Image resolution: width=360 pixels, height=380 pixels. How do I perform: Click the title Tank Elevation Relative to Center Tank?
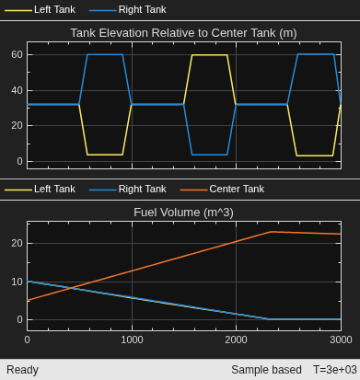pyautogui.click(x=183, y=33)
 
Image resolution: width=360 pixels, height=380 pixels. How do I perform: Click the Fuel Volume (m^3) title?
pyautogui.click(x=183, y=213)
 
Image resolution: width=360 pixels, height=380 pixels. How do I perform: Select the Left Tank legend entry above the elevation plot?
pyautogui.click(x=40, y=9)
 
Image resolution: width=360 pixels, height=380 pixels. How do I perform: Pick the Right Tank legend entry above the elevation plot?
pyautogui.click(x=127, y=9)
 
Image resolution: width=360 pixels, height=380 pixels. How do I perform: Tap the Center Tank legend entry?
pyautogui.click(x=222, y=189)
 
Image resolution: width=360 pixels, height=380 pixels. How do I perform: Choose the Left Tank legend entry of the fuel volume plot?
pyautogui.click(x=40, y=189)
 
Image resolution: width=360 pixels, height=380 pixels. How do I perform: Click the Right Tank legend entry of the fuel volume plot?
pyautogui.click(x=127, y=189)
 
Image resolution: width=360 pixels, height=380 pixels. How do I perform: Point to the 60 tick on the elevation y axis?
pyautogui.click(x=17, y=54)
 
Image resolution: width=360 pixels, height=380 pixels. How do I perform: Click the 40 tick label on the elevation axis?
pyautogui.click(x=17, y=90)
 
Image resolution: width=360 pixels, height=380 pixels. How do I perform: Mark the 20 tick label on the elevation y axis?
pyautogui.click(x=17, y=125)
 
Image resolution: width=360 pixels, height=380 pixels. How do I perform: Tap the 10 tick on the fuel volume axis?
pyautogui.click(x=17, y=282)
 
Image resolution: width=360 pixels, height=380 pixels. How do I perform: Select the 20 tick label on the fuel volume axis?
pyautogui.click(x=17, y=243)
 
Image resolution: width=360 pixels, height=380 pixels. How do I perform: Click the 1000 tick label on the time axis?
pyautogui.click(x=132, y=340)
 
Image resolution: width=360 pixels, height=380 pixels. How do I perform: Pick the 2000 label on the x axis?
pyautogui.click(x=236, y=340)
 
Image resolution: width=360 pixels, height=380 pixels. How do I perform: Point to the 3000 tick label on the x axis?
pyautogui.click(x=341, y=340)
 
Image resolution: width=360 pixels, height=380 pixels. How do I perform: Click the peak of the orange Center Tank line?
pyautogui.click(x=270, y=232)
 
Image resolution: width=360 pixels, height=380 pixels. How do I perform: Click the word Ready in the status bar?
pyautogui.click(x=22, y=370)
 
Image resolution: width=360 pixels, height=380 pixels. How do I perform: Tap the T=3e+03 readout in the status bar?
pyautogui.click(x=335, y=370)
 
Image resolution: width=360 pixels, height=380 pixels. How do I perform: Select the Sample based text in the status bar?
pyautogui.click(x=266, y=370)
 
